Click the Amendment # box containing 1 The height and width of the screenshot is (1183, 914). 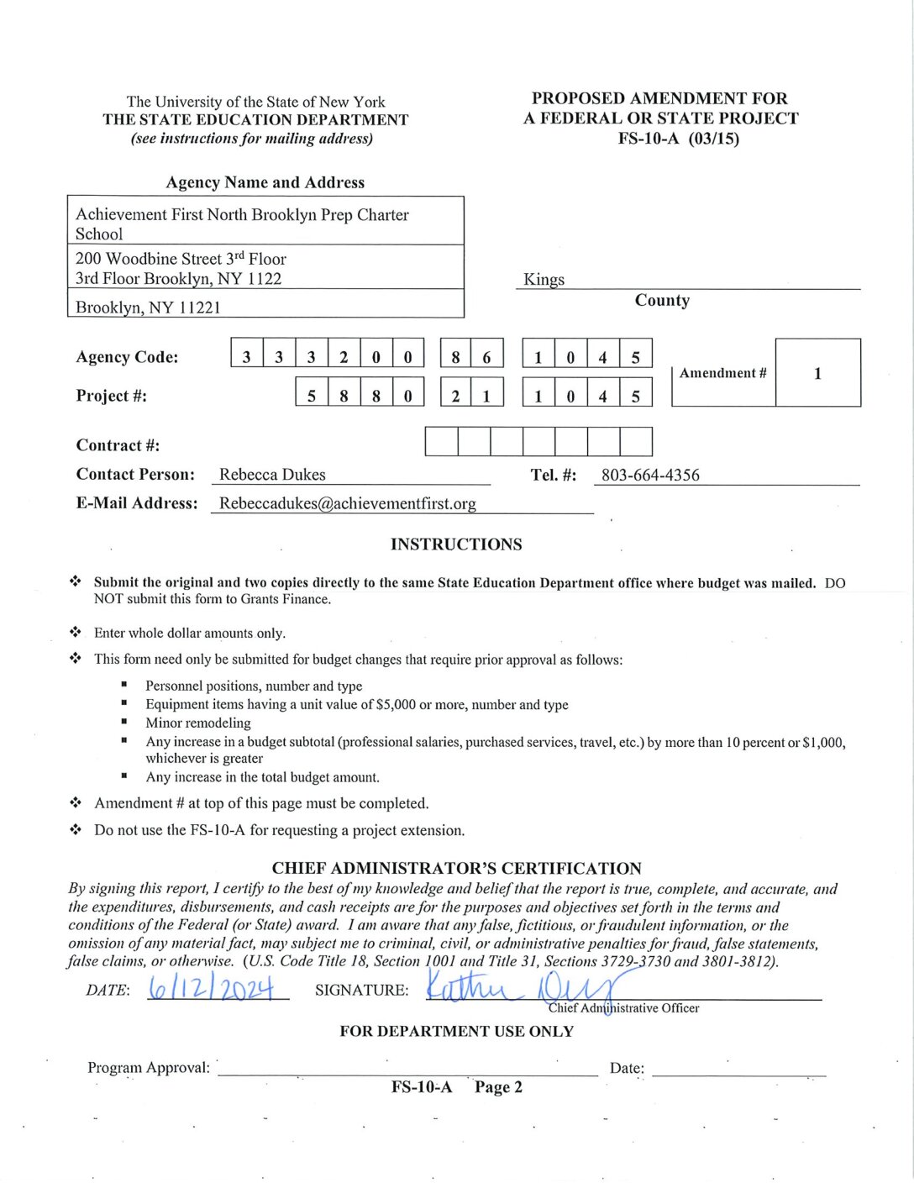click(x=817, y=373)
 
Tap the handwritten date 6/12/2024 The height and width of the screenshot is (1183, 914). click(x=212, y=989)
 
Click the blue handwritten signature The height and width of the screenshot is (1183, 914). click(x=521, y=986)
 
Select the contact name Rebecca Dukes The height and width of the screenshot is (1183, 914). click(x=272, y=475)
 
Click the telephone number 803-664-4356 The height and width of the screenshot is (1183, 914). click(x=650, y=476)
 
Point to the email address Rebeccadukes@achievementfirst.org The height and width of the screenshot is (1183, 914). click(x=347, y=503)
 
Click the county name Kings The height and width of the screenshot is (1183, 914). click(x=544, y=279)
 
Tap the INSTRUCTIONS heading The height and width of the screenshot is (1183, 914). click(x=456, y=544)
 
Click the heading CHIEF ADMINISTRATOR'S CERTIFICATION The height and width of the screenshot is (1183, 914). click(x=456, y=869)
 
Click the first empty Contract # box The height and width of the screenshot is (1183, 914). click(x=441, y=441)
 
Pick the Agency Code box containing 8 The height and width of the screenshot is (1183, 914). click(x=456, y=357)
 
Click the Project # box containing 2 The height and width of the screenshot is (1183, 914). click(x=456, y=396)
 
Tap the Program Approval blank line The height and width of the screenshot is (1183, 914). click(x=407, y=1068)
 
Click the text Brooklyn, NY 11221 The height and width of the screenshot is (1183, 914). click(x=148, y=308)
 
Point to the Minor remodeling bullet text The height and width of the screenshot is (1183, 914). click(x=198, y=723)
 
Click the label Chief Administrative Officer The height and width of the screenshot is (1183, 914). click(x=623, y=1008)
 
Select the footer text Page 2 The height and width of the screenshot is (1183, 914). click(x=498, y=1087)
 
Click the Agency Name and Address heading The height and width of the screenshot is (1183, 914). click(x=265, y=182)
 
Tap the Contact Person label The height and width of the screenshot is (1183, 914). click(x=135, y=475)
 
